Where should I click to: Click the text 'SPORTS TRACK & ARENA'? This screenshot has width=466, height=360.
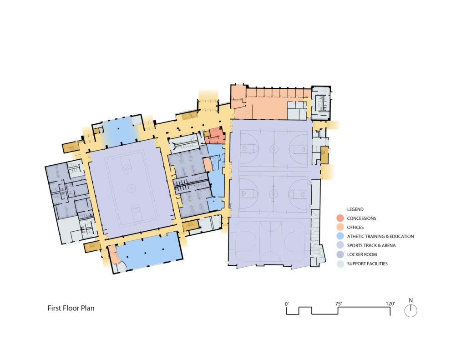(371, 245)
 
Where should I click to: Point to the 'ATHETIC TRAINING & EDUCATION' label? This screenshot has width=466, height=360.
(380, 236)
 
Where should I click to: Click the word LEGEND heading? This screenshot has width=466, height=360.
(355, 209)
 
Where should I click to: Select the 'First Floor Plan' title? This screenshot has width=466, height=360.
(71, 308)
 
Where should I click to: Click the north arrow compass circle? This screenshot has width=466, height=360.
(411, 311)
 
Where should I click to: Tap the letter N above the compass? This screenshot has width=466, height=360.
(411, 300)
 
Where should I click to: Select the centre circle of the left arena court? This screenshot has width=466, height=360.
(131, 188)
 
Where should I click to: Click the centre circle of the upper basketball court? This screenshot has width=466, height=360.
(273, 148)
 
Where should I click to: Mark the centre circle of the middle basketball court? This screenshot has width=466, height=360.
(273, 193)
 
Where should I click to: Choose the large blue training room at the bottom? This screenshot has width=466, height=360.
(150, 252)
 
